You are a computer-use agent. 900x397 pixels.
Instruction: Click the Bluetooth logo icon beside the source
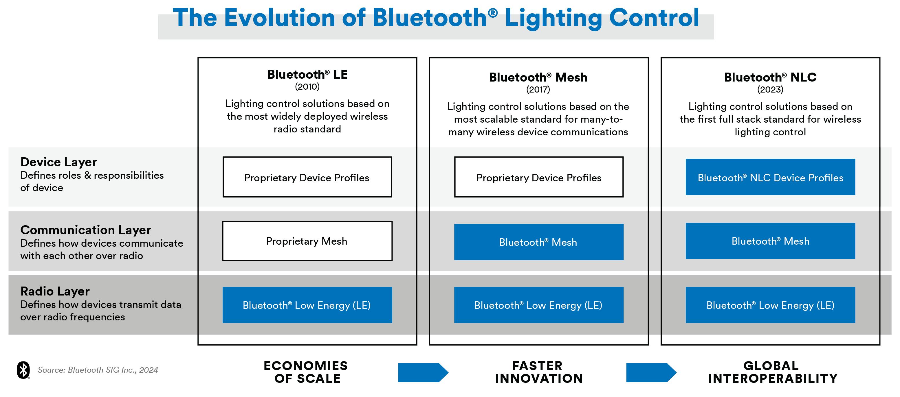tap(23, 370)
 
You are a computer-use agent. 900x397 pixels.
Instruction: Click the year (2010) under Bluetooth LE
tap(307, 86)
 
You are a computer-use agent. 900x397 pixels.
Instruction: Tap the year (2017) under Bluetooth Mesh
tap(538, 90)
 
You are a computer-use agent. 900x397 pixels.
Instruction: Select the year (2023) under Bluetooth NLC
tap(770, 90)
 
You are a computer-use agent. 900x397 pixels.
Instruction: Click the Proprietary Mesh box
tap(307, 241)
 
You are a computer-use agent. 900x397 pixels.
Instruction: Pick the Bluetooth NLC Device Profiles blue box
tap(770, 177)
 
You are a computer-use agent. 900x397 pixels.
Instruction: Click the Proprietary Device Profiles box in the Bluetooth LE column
tap(307, 177)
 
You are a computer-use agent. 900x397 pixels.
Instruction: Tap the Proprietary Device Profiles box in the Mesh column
tap(538, 177)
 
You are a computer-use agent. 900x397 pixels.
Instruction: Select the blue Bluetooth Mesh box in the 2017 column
tap(538, 242)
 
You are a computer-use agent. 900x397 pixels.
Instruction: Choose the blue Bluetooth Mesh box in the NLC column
tap(770, 241)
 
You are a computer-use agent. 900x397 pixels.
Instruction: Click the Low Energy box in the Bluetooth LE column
tap(307, 305)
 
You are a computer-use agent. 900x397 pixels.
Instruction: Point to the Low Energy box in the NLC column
tap(770, 305)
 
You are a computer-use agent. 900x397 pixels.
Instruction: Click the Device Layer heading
tap(58, 162)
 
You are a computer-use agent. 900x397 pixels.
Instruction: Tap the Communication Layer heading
tap(86, 230)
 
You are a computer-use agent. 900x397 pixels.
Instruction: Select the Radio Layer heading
tap(55, 291)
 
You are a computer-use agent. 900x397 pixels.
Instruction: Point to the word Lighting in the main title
tap(553, 18)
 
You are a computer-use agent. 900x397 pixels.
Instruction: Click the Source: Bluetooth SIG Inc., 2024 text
tap(98, 370)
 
